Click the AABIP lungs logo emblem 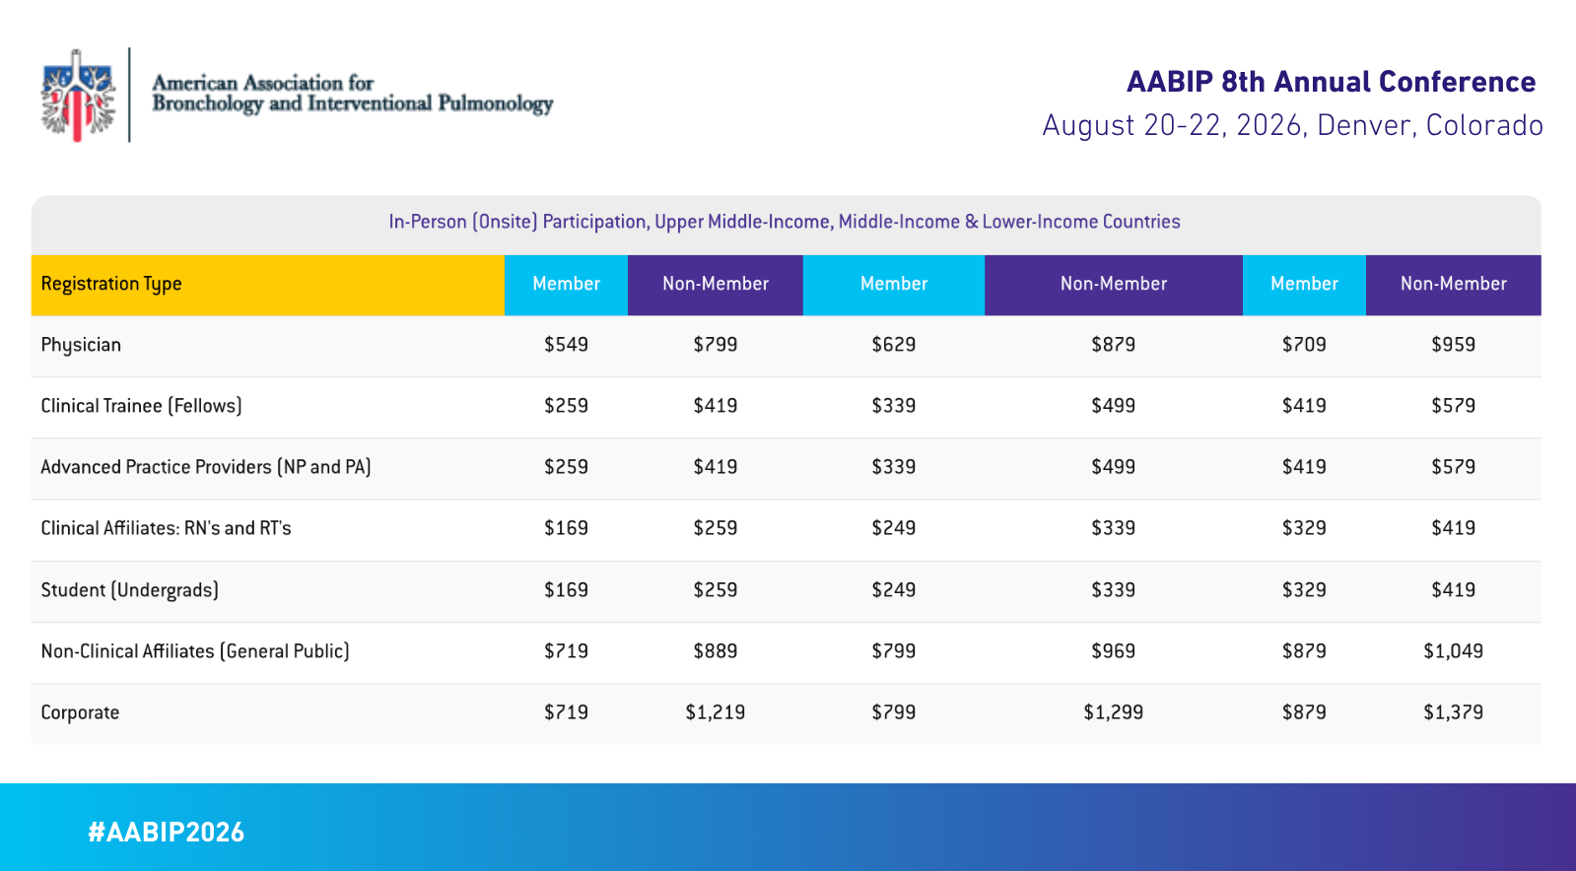(x=78, y=96)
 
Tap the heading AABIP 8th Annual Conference (x=1331, y=82)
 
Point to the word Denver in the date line (x=1363, y=126)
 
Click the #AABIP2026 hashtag (x=166, y=833)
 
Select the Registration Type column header (x=111, y=285)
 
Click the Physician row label (x=81, y=345)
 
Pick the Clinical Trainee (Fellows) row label (x=141, y=406)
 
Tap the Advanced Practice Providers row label (x=205, y=467)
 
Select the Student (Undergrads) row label (x=129, y=590)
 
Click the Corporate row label (x=80, y=712)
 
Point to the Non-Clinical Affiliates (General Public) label (x=195, y=651)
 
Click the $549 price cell (x=566, y=345)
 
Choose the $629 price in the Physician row (x=893, y=345)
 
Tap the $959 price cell (x=1453, y=345)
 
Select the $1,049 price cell (x=1453, y=651)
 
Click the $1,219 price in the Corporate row (x=715, y=712)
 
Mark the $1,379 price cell (x=1453, y=712)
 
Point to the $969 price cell (x=1113, y=651)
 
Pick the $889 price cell (x=715, y=651)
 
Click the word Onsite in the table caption (x=506, y=222)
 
